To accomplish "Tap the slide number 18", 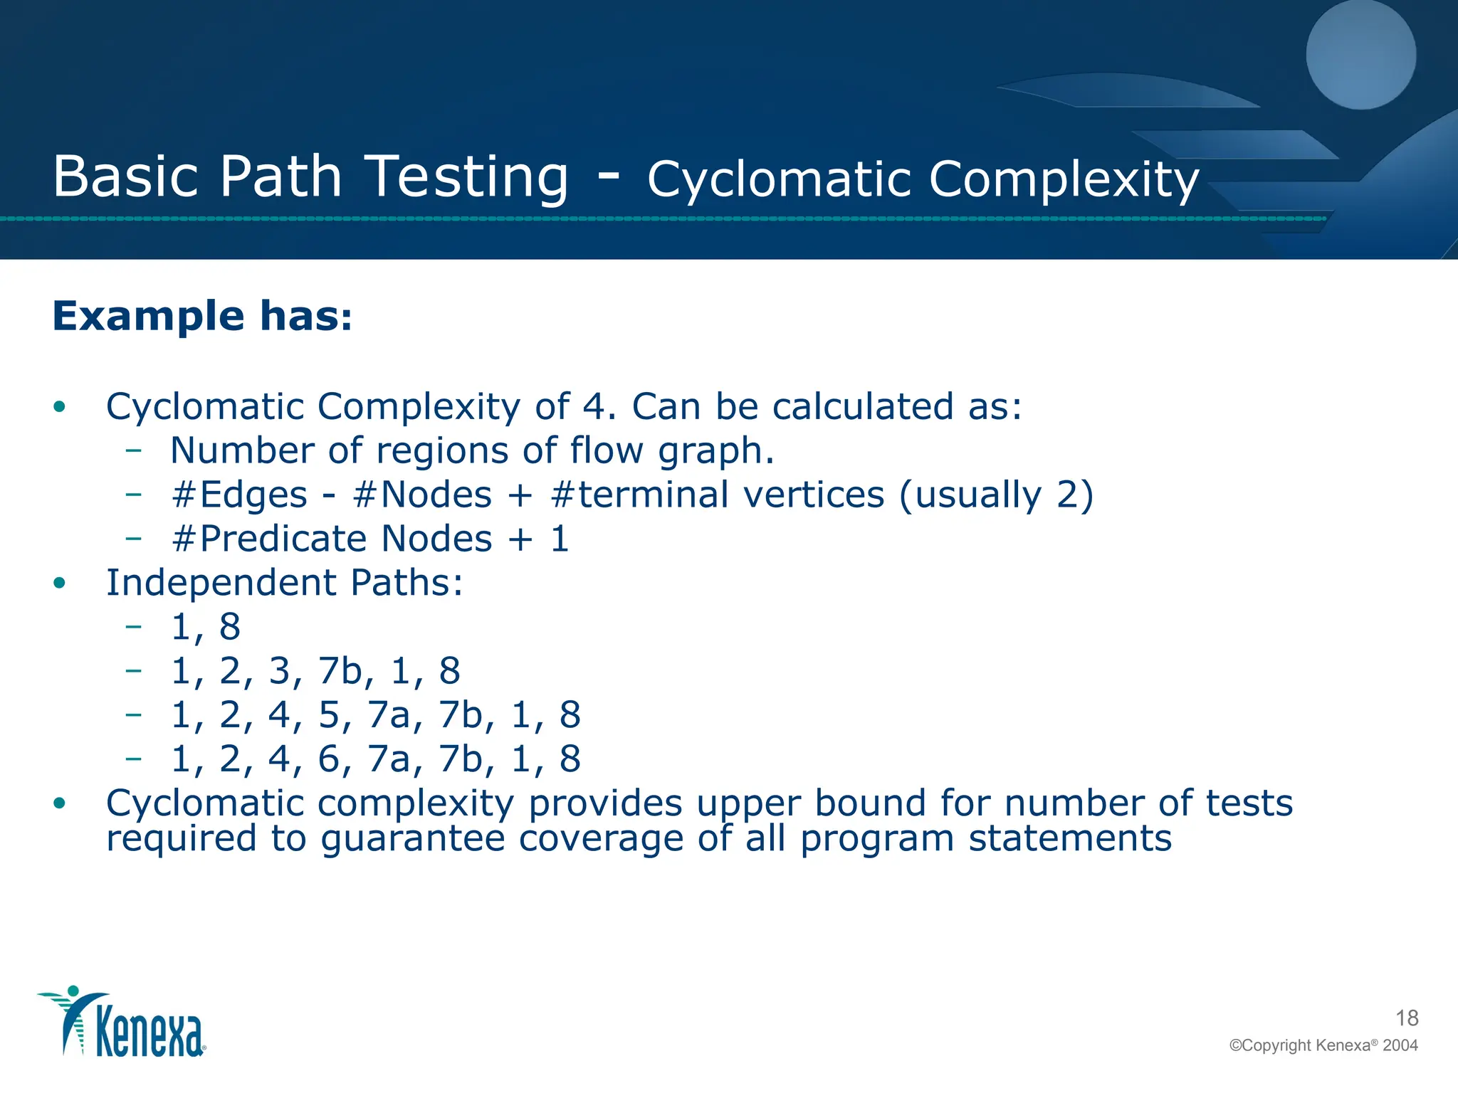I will tap(1407, 1018).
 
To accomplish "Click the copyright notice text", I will tap(1323, 1045).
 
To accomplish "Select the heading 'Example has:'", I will tap(202, 316).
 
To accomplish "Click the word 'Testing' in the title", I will tap(470, 176).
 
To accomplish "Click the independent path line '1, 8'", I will tap(206, 627).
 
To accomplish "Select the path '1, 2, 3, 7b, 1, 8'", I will tap(315, 671).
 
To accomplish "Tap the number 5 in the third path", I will tap(328, 715).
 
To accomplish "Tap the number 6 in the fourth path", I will tap(328, 759).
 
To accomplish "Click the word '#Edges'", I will tap(239, 495).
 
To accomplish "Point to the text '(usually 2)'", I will tap(996, 495).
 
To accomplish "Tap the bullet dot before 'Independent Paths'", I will tap(60, 584).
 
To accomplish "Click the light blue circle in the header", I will tap(1360, 56).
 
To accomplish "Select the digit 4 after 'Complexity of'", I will tap(594, 406).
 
